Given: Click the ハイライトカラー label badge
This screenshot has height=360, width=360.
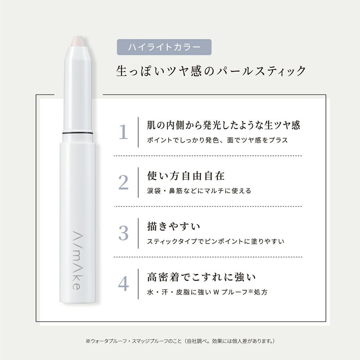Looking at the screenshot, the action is [164, 47].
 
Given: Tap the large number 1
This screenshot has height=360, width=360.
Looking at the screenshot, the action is [123, 132].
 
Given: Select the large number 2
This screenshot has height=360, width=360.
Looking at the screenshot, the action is [123, 183].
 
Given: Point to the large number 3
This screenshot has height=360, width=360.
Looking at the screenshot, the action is [123, 233].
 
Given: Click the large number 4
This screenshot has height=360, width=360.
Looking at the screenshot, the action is [123, 284].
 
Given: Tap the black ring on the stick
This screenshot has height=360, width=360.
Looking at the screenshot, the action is [77, 133].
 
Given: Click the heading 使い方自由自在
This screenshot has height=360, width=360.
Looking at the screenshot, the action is [186, 176].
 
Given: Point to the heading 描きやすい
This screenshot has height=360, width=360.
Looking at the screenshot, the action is [174, 227].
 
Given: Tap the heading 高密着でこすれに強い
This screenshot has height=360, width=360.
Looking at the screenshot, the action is [201, 277].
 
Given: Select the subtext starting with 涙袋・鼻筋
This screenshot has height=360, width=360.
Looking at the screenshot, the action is [199, 191].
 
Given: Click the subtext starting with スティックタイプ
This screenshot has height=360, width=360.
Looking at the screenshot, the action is [216, 241].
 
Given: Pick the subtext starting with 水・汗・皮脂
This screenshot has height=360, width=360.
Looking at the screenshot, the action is [207, 292].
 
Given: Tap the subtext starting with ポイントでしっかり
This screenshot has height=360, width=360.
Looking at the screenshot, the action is [217, 140].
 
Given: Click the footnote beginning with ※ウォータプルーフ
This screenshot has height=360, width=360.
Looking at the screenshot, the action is [180, 341].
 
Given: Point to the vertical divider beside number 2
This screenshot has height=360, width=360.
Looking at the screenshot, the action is [138, 183].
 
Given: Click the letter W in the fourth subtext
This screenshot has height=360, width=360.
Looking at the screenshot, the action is [216, 292].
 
